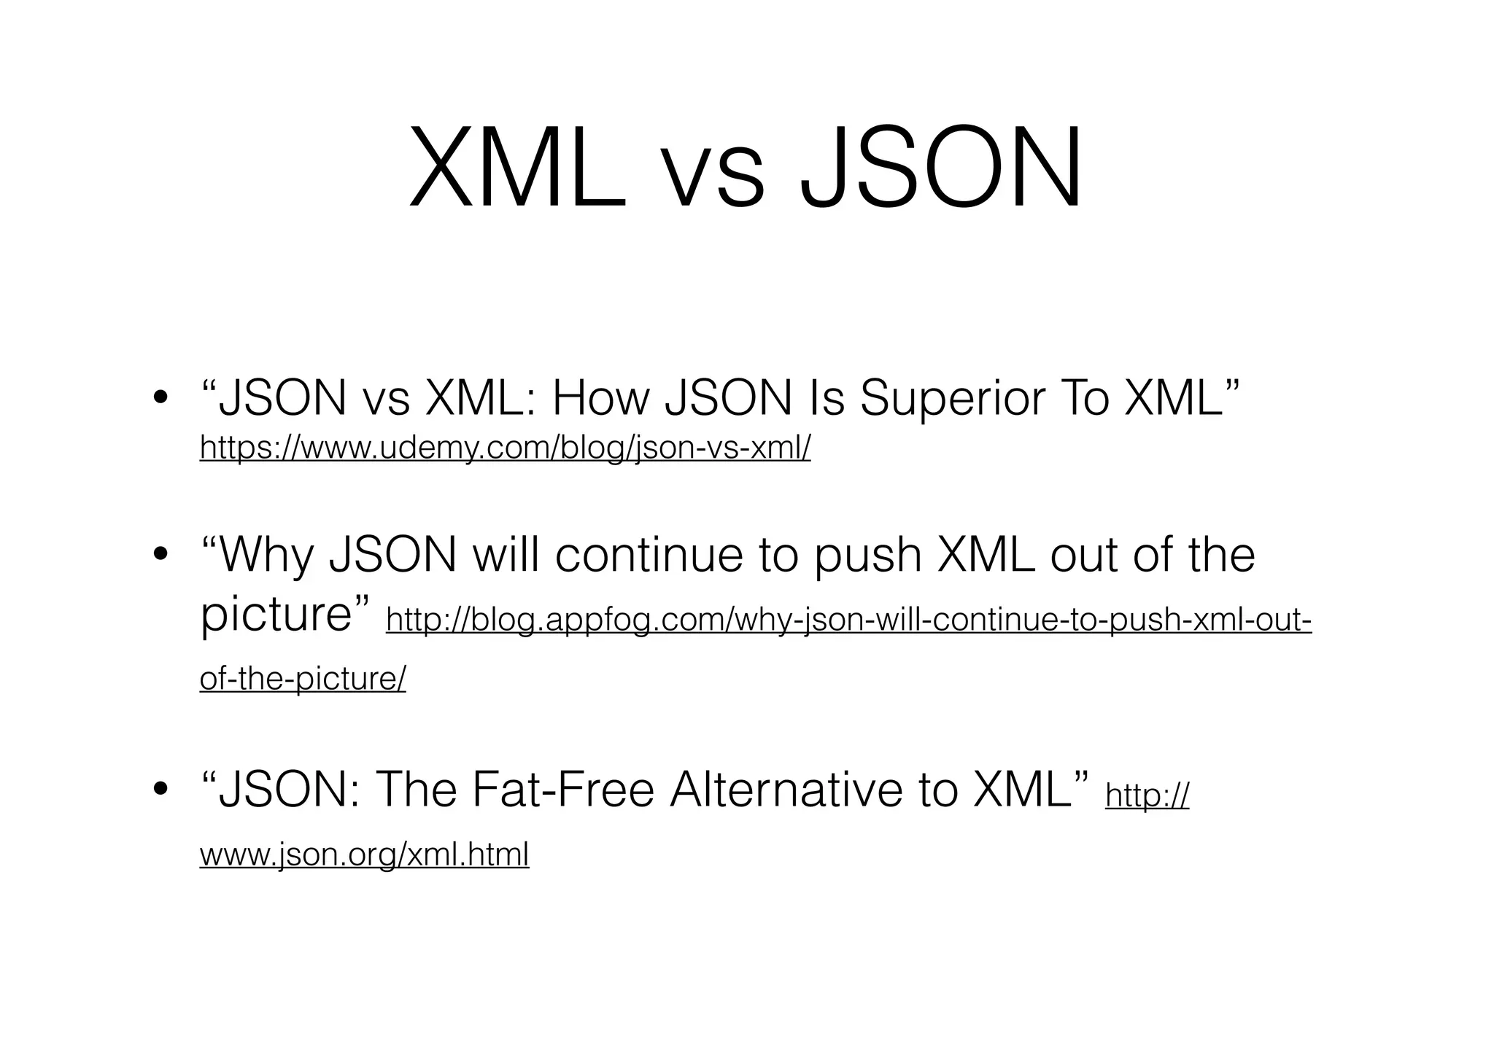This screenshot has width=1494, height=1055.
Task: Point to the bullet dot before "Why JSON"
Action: [160, 556]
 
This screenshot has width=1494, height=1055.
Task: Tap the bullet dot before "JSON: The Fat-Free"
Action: [160, 791]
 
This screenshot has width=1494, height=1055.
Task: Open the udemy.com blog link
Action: [505, 448]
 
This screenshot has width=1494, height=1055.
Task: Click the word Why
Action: [267, 556]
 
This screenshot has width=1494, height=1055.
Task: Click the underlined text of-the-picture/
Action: [303, 679]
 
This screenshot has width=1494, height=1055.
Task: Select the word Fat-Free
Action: [563, 790]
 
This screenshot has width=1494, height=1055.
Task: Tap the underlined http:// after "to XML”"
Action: [1147, 795]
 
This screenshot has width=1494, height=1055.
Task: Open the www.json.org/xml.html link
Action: [364, 854]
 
